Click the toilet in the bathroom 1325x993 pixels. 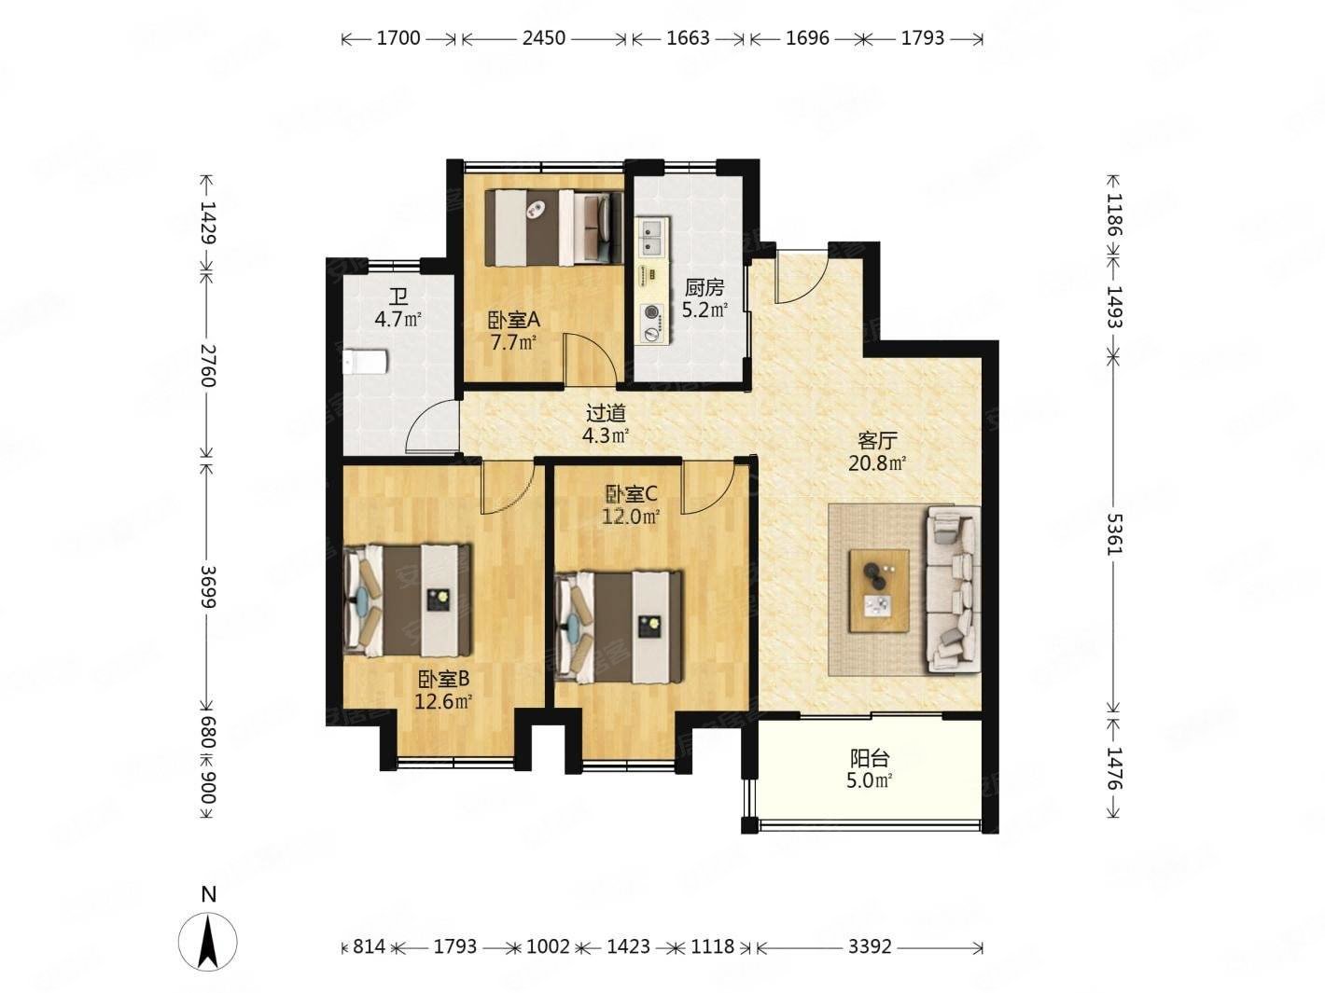point(364,363)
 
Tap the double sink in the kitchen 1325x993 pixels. point(653,235)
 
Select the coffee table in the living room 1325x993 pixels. point(878,591)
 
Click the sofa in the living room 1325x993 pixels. point(953,588)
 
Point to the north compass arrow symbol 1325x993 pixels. point(208,942)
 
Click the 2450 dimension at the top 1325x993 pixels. point(543,38)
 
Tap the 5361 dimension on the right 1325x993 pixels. point(1114,534)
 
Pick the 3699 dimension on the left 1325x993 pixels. point(208,586)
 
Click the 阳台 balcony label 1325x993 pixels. point(870,758)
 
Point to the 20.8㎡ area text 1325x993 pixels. point(877,463)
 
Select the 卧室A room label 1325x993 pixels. point(514,320)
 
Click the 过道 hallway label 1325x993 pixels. point(607,413)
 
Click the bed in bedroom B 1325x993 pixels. point(408,600)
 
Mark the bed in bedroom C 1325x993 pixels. point(620,628)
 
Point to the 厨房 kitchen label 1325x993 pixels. point(704,288)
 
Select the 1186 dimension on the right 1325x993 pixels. point(1114,214)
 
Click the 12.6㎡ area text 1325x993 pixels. point(443,702)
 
